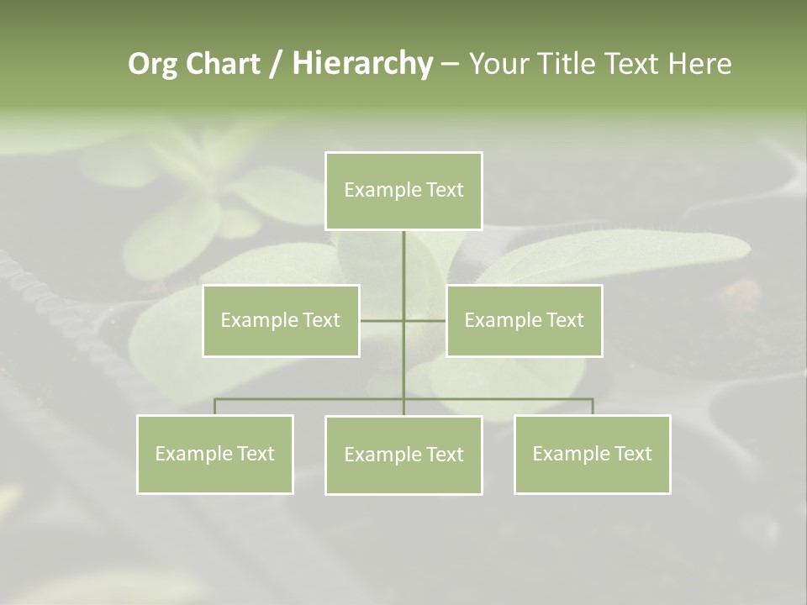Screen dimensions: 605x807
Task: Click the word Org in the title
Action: pyautogui.click(x=151, y=64)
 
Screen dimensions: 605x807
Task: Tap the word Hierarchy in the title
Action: pyautogui.click(x=361, y=64)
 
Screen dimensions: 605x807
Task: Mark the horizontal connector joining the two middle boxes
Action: pyautogui.click(x=382, y=320)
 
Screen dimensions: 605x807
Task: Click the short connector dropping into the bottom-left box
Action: pyautogui.click(x=215, y=407)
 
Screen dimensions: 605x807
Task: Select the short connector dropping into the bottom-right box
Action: pyautogui.click(x=593, y=407)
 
